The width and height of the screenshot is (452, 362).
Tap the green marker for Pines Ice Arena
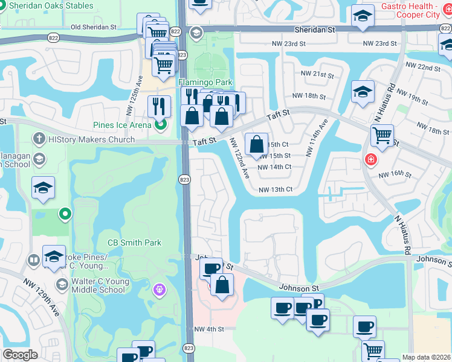(160, 125)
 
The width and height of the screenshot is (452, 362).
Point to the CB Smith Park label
(134, 243)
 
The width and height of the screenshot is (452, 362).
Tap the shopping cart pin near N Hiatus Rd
(382, 136)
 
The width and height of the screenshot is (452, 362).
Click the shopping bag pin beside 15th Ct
(256, 144)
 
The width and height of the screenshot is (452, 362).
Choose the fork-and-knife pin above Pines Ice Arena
(159, 106)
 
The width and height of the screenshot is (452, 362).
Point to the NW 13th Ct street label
(275, 189)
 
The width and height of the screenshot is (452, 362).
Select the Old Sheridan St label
(94, 27)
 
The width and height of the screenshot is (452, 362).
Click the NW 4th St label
(209, 329)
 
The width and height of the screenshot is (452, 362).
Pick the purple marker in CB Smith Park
(160, 290)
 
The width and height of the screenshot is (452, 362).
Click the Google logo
(21, 355)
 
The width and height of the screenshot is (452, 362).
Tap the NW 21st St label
(317, 75)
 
